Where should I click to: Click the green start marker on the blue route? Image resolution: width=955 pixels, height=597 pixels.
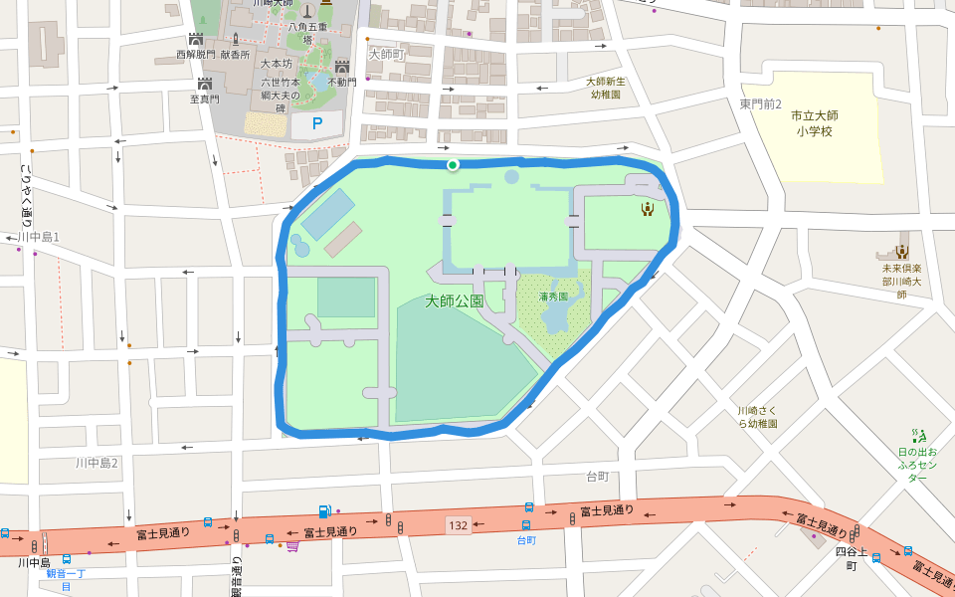[x=453, y=165]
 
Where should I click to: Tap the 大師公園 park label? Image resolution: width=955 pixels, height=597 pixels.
[x=454, y=300]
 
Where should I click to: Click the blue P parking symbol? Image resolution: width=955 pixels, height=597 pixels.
[x=317, y=124]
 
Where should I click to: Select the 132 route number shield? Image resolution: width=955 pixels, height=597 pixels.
[x=458, y=524]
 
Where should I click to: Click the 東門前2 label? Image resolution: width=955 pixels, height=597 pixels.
[x=761, y=104]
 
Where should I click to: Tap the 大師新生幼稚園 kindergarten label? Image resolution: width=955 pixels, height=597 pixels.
[x=605, y=89]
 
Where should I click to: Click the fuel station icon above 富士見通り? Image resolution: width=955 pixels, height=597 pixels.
[x=324, y=511]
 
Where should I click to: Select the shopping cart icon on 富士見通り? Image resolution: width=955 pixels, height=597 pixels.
[x=292, y=544]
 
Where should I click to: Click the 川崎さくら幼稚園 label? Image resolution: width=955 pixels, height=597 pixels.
[x=757, y=417]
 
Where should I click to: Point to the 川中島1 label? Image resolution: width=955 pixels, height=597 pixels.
[x=39, y=237]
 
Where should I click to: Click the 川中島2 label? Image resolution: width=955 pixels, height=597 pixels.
[x=96, y=463]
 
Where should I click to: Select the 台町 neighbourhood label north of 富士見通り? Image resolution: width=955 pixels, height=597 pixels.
[x=597, y=477]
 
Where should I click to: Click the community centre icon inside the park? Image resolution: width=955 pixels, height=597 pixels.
[x=648, y=207]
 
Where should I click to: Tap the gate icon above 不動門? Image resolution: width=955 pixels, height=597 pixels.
[x=340, y=66]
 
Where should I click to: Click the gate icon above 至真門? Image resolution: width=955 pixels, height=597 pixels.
[x=205, y=84]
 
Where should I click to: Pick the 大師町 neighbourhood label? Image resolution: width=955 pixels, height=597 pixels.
[x=386, y=54]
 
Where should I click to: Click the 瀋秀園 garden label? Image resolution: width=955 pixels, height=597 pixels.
[x=553, y=297]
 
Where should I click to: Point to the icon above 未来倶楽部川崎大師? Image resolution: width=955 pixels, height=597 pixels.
[x=902, y=252]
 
